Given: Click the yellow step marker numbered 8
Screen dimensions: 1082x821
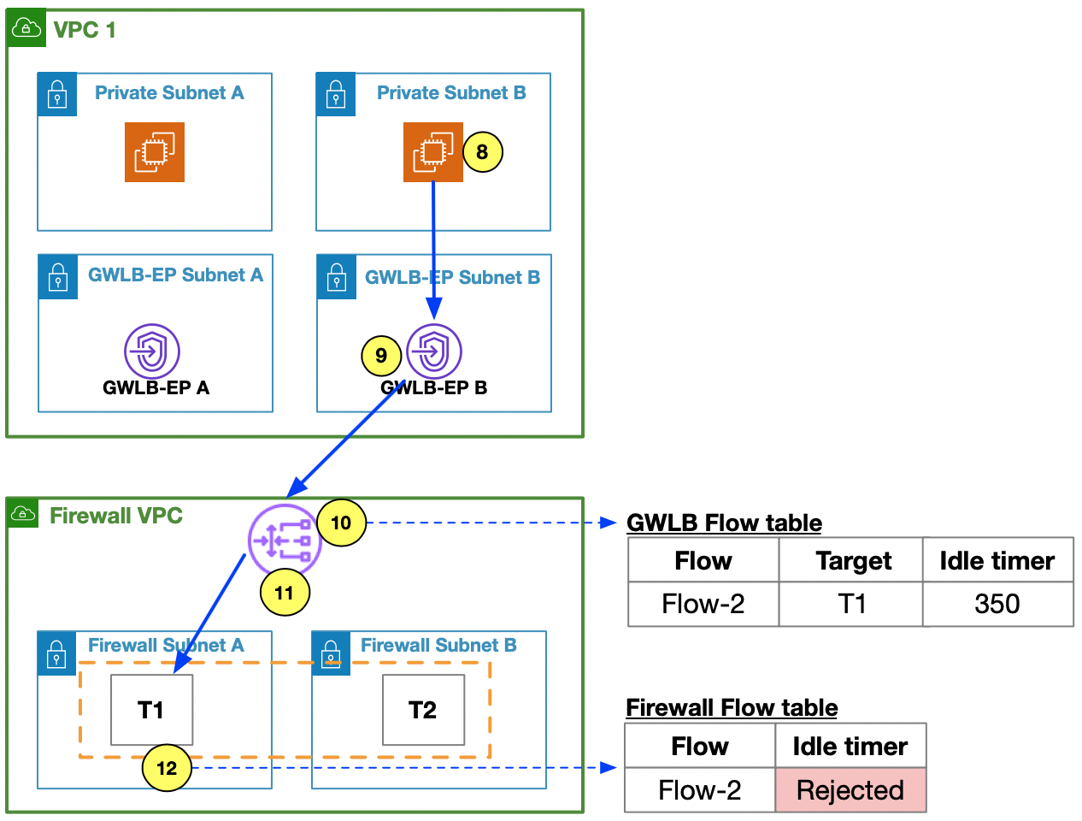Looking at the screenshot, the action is (483, 152).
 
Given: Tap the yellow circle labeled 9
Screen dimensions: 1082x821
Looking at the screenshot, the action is (381, 355).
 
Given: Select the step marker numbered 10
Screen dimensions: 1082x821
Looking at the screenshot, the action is (341, 523).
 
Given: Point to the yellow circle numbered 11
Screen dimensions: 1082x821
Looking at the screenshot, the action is (285, 592).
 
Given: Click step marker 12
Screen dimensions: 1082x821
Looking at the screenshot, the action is (167, 768).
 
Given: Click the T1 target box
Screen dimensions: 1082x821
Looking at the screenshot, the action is (151, 710).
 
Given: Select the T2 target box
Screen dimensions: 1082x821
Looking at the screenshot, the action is (423, 710).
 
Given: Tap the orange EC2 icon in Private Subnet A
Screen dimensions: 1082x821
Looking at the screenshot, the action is (155, 152).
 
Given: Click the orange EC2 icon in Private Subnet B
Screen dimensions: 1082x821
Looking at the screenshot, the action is (432, 152).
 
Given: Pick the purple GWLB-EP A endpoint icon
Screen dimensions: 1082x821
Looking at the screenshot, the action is (152, 351).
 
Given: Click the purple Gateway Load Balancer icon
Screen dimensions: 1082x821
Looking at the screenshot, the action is (285, 540).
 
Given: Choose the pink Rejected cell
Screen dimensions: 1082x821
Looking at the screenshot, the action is (850, 790).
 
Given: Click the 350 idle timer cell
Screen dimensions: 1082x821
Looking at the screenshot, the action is (997, 604).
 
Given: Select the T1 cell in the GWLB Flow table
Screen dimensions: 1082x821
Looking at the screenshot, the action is (850, 604).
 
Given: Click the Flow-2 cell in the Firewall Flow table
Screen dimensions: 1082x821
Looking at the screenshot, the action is (700, 790).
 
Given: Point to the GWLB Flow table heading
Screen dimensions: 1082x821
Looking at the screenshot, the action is (724, 523).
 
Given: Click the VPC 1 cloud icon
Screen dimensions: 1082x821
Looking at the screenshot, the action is (26, 27).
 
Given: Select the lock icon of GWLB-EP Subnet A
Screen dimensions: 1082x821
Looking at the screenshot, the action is (57, 276).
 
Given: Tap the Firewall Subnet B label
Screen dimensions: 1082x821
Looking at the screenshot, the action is (438, 645).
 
